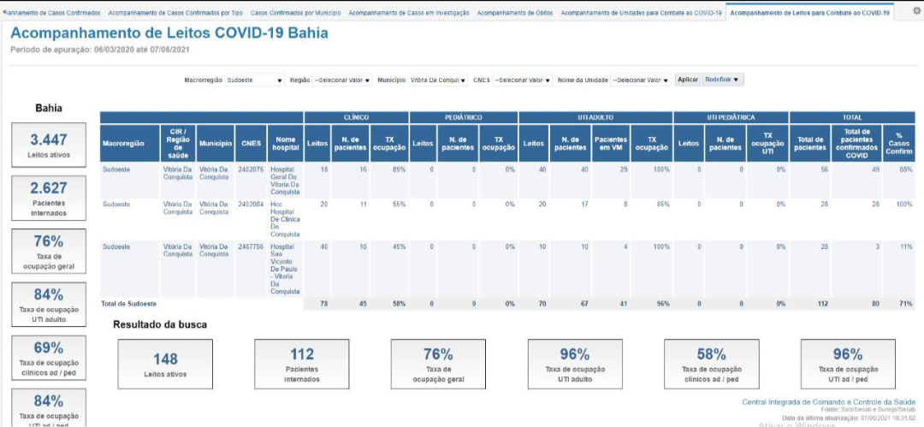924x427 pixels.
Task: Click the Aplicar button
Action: coord(688,80)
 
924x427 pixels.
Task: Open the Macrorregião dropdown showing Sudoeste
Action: coord(255,80)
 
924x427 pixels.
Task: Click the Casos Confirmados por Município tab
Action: coord(295,14)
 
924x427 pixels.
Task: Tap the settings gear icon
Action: coord(916,12)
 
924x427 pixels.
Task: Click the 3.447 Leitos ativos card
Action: coord(49,145)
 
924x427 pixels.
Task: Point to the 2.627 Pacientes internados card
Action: coord(49,197)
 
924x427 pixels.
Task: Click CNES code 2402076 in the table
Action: coord(252,169)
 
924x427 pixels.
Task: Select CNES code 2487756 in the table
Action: coord(252,246)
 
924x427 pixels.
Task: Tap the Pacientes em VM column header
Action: coord(611,144)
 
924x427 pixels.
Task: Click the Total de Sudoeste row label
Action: coord(129,304)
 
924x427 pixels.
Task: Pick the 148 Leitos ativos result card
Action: coord(165,364)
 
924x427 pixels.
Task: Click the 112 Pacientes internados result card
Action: coord(302,364)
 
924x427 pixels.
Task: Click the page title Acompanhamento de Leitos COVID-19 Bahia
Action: coord(169,33)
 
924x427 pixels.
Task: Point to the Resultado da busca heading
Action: coord(160,324)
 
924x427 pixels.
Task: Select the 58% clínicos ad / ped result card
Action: coord(712,364)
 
